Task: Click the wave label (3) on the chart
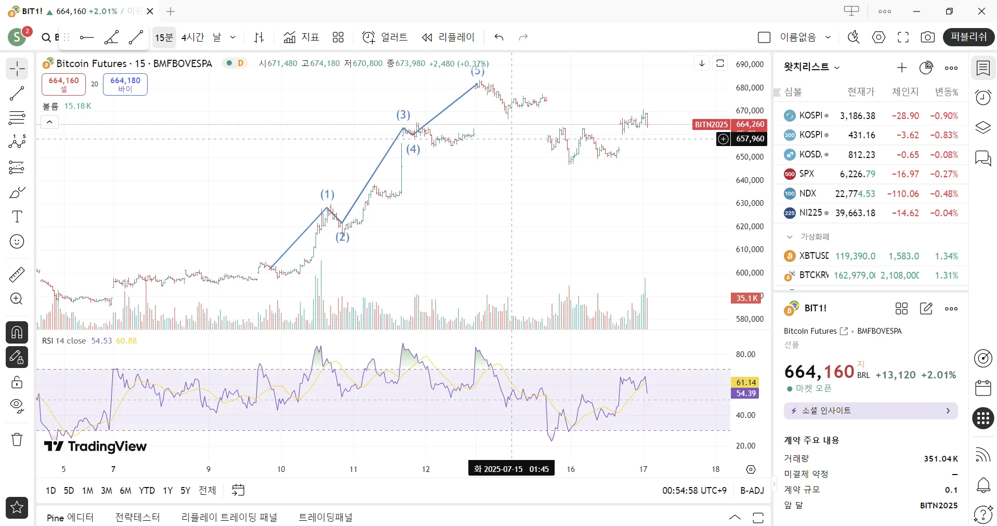(403, 115)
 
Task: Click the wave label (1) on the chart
(327, 194)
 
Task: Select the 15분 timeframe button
(164, 37)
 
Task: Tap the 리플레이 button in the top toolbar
(449, 37)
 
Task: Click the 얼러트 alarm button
(385, 37)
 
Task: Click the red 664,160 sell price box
(63, 84)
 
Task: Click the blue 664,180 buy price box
(125, 84)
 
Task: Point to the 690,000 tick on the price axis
(750, 64)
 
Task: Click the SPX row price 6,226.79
(857, 174)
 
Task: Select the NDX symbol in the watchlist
(807, 193)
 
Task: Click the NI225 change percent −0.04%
(943, 213)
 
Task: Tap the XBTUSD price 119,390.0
(855, 256)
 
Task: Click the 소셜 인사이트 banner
(871, 411)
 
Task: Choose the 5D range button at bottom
(69, 491)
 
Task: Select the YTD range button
(147, 491)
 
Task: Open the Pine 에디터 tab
(70, 518)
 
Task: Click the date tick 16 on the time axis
(571, 469)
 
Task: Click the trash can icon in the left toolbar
(17, 440)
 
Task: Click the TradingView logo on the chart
(96, 446)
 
